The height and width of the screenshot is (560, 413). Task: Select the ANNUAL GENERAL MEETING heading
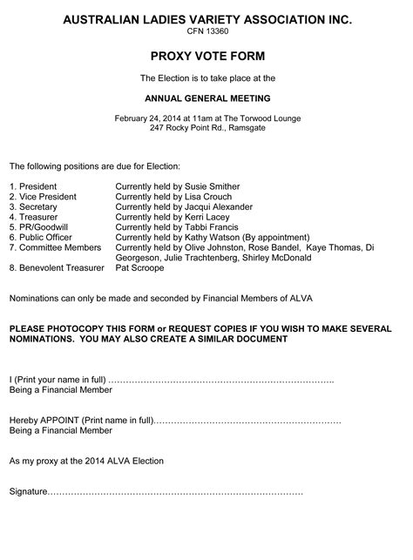pyautogui.click(x=206, y=98)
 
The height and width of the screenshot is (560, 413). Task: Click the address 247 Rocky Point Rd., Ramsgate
pyautogui.click(x=206, y=128)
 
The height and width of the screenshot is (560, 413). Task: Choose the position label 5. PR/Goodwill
pyautogui.click(x=39, y=227)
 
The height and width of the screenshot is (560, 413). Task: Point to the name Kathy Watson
pyautogui.click(x=212, y=238)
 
